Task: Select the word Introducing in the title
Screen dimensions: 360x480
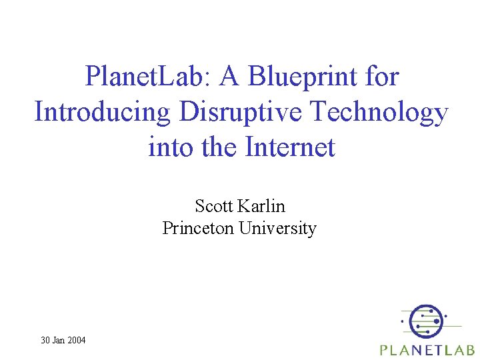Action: (103, 112)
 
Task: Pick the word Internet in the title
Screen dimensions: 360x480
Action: (289, 147)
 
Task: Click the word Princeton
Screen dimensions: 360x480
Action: (198, 228)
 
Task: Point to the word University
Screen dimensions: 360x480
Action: (277, 228)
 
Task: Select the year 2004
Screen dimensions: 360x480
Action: (77, 340)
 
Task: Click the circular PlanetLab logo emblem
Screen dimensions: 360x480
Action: (425, 321)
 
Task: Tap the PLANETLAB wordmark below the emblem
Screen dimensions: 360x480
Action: (427, 349)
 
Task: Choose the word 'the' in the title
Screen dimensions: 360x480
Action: (218, 147)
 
